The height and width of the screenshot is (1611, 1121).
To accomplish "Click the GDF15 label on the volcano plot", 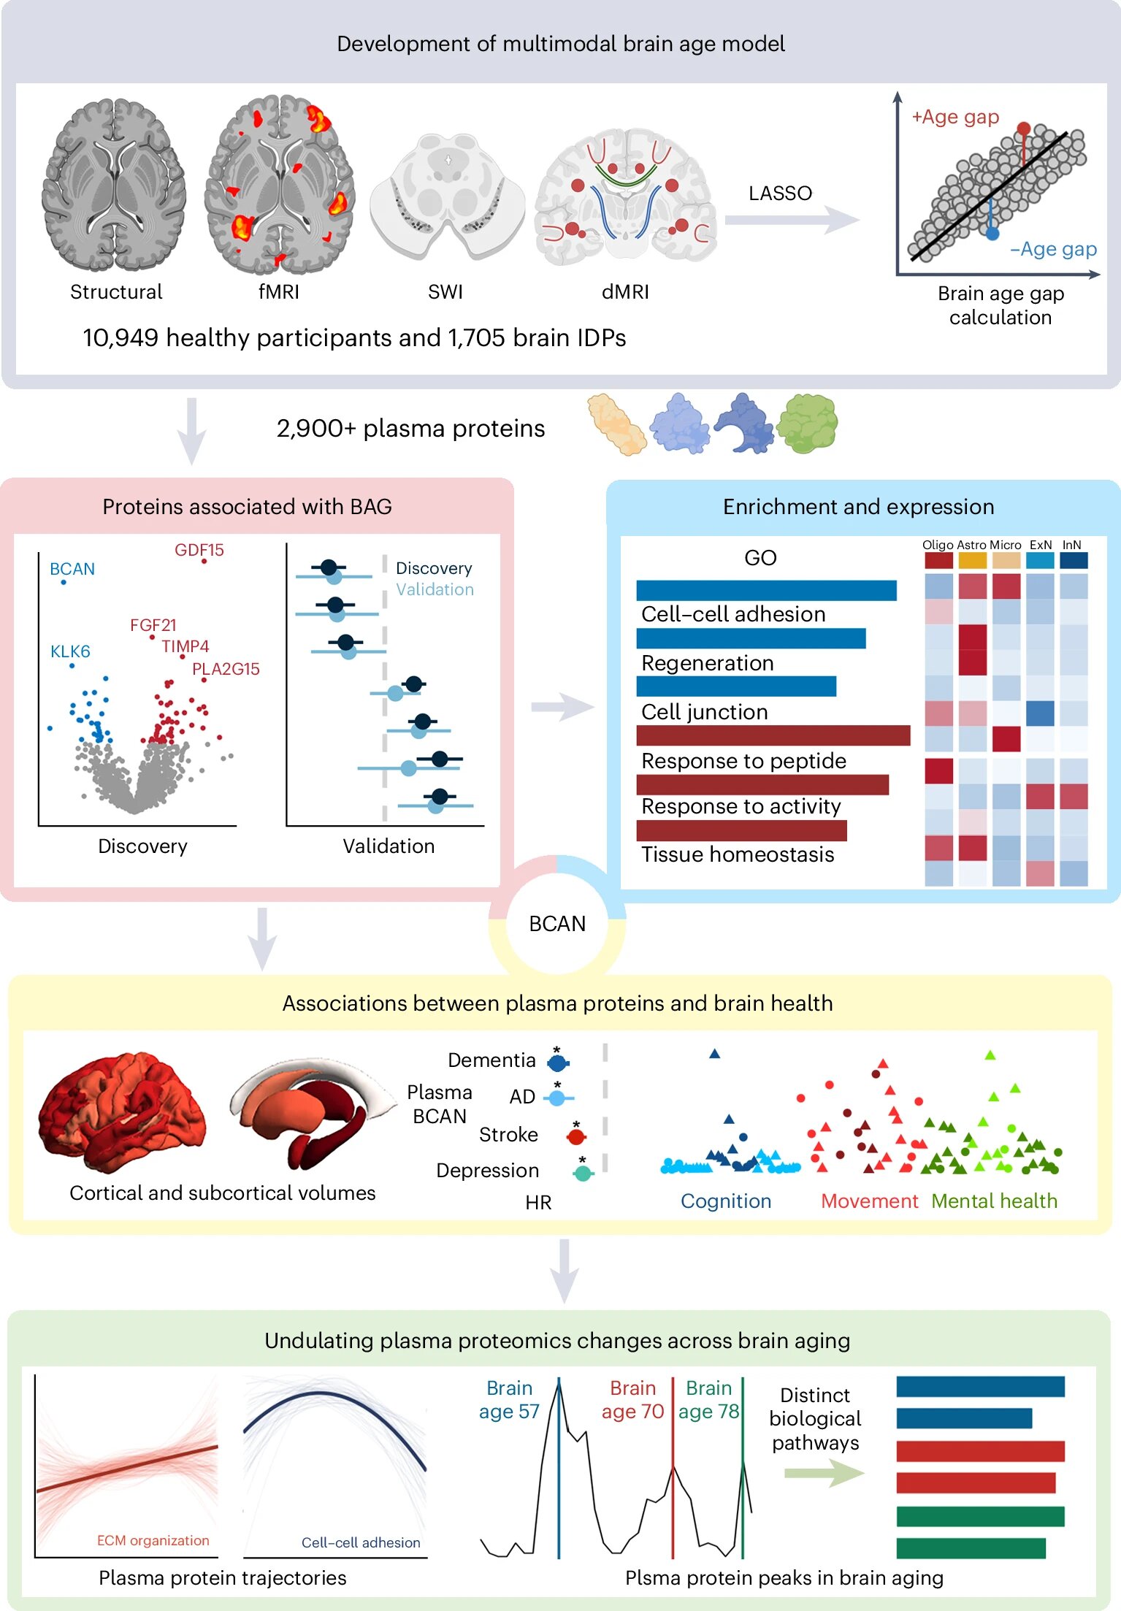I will click(x=199, y=550).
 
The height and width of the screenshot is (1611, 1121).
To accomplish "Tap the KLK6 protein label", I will click(x=70, y=651).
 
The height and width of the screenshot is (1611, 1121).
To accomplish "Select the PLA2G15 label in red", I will click(x=226, y=669).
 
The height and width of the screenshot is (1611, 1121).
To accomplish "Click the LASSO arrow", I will click(x=793, y=220).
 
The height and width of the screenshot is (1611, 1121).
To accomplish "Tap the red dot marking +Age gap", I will click(x=1024, y=129).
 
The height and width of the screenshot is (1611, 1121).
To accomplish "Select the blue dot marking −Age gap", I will click(x=992, y=234).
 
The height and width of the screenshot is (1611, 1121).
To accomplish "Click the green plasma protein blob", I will click(x=807, y=423).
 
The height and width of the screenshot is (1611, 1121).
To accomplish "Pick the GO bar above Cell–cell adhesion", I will click(x=766, y=590).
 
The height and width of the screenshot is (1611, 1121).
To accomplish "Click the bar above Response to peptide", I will click(x=773, y=735).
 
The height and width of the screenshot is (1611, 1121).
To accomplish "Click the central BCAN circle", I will click(x=557, y=924).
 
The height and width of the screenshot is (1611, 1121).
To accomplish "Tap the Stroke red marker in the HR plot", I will click(x=576, y=1136).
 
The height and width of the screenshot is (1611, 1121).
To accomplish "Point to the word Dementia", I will click(x=491, y=1060).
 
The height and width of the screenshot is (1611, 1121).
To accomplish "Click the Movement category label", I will click(x=869, y=1201).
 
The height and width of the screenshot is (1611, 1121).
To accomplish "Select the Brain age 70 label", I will click(x=632, y=1400).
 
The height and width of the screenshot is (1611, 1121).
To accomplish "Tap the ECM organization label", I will click(x=153, y=1540).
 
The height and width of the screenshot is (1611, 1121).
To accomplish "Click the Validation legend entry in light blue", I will click(x=435, y=589).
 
